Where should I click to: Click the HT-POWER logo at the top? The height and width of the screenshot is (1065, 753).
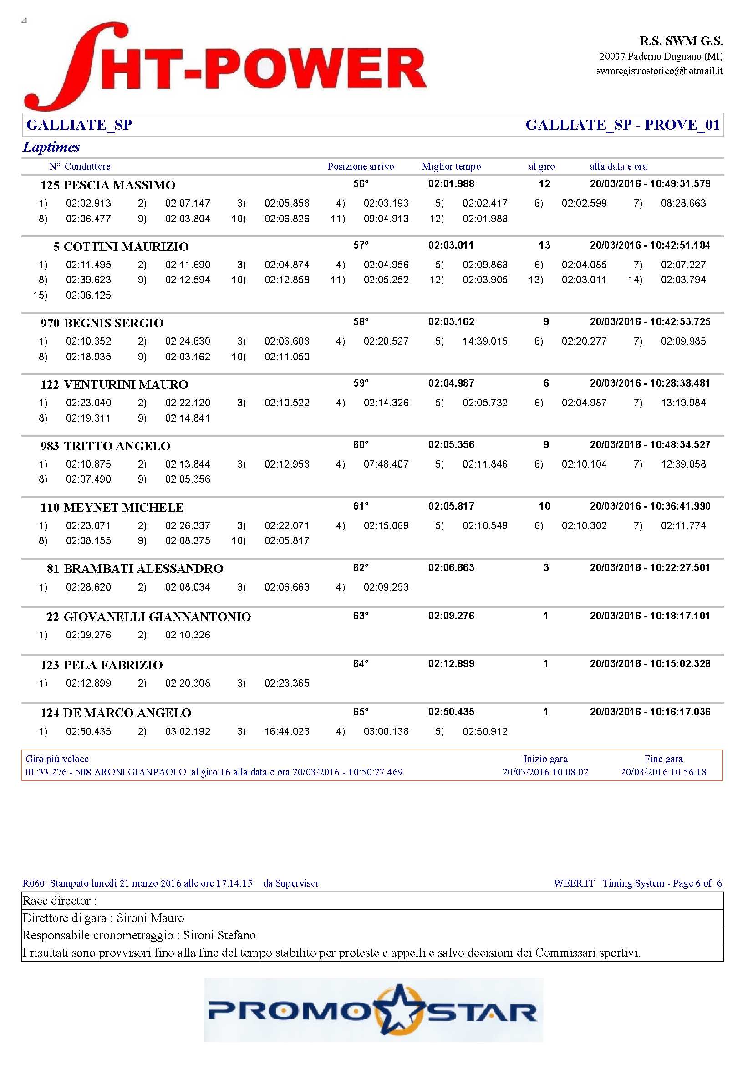pyautogui.click(x=225, y=66)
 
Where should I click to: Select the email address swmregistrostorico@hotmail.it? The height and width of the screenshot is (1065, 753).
pyautogui.click(x=659, y=71)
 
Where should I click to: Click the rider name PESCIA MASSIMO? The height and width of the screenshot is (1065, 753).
pyautogui.click(x=119, y=185)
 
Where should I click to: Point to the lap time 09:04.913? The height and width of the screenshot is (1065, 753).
pyautogui.click(x=386, y=219)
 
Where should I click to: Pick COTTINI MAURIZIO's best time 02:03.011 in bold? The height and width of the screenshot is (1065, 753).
pyautogui.click(x=451, y=245)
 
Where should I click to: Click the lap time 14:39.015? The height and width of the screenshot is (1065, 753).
pyautogui.click(x=484, y=341)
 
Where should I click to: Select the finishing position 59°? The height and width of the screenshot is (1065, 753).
pyautogui.click(x=360, y=383)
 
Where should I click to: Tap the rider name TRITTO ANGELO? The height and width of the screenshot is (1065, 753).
pyautogui.click(x=117, y=446)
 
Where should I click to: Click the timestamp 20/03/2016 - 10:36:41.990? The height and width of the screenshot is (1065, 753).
pyautogui.click(x=650, y=506)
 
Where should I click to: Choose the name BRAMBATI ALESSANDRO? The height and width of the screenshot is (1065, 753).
pyautogui.click(x=143, y=568)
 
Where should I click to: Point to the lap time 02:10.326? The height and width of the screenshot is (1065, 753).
pyautogui.click(x=187, y=635)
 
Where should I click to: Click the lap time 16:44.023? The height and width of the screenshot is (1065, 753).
pyautogui.click(x=286, y=732)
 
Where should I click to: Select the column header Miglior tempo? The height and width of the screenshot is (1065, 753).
pyautogui.click(x=451, y=167)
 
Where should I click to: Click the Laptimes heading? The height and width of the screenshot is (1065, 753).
pyautogui.click(x=51, y=147)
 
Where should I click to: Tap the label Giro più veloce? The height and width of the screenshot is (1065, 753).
pyautogui.click(x=57, y=759)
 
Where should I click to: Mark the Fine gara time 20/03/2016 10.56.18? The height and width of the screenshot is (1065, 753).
pyautogui.click(x=663, y=772)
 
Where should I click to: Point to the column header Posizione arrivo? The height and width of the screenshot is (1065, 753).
pyautogui.click(x=360, y=167)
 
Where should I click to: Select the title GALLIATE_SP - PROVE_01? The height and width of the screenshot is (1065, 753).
pyautogui.click(x=622, y=125)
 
